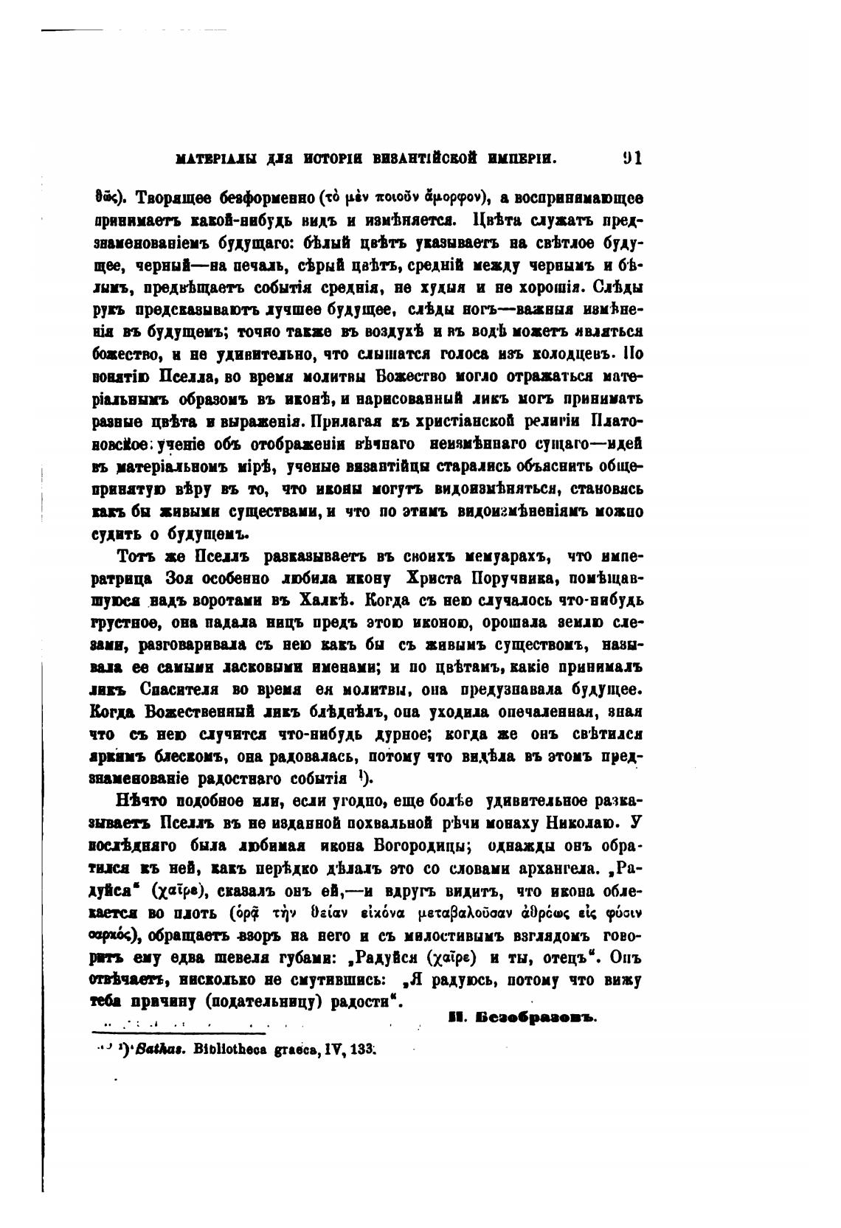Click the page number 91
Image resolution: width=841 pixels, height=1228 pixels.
coord(632,158)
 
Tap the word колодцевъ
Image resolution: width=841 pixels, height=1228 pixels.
coord(571,354)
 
